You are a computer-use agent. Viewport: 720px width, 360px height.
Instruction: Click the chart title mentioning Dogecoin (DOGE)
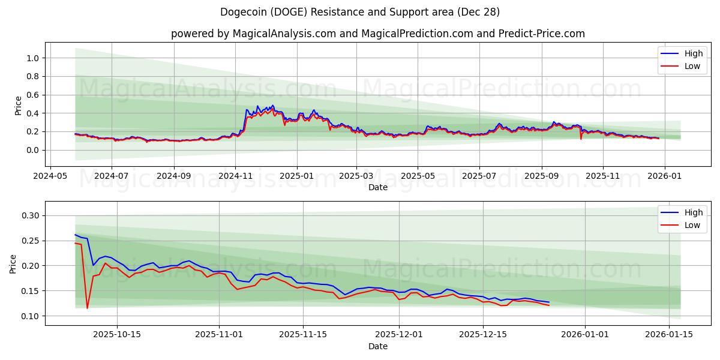coord(360,12)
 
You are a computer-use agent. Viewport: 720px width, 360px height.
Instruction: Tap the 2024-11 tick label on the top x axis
coord(235,176)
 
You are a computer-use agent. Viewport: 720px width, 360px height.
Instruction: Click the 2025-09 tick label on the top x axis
coord(542,176)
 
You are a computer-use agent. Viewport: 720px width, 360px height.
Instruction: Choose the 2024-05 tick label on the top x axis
coord(50,176)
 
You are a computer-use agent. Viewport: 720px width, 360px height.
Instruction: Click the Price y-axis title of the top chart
coord(18,105)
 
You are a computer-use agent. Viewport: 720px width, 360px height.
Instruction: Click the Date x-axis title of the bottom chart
coord(378,346)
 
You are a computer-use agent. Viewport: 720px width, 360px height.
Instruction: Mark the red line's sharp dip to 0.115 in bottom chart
coord(87,308)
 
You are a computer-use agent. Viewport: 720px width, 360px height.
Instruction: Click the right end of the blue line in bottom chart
coord(548,302)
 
